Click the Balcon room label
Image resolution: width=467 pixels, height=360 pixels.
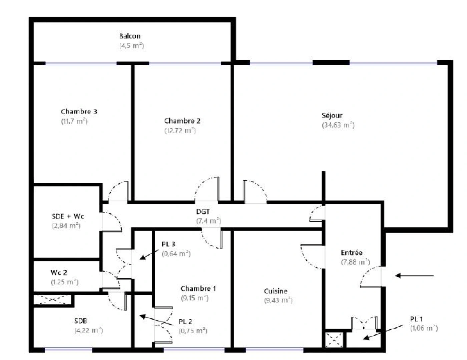[x=130, y=36]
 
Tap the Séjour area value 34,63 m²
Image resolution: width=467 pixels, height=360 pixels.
[x=338, y=125]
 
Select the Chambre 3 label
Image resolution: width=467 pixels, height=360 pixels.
[x=79, y=112]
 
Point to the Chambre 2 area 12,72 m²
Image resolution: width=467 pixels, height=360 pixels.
[x=180, y=130]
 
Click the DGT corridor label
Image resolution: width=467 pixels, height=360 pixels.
[x=203, y=212]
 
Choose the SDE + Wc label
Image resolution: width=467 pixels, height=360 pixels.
[x=68, y=216]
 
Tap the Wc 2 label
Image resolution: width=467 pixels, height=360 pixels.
[x=59, y=273]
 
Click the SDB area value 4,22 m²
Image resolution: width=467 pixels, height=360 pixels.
[x=88, y=330]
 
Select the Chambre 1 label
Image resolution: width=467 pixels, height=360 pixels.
[x=198, y=289]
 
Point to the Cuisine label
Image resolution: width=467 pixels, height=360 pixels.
[x=276, y=291]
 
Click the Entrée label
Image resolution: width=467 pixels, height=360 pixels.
[x=352, y=253]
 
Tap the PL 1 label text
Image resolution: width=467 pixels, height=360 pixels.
[x=416, y=319]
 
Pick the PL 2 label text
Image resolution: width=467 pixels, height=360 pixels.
[x=185, y=322]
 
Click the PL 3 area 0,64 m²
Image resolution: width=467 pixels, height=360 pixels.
[x=176, y=254]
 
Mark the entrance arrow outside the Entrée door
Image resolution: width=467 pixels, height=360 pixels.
[x=414, y=276]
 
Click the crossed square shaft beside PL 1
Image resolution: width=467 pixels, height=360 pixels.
[x=334, y=340]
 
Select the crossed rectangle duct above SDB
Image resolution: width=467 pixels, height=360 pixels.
[x=53, y=300]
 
